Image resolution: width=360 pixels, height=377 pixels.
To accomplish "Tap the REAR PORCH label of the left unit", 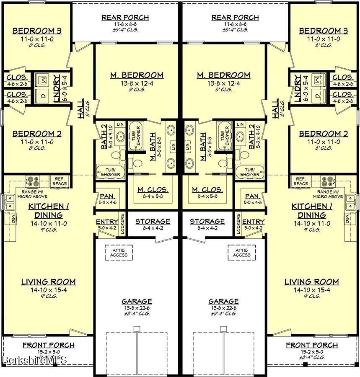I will [125, 18].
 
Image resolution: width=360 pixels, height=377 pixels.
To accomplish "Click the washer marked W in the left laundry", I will [44, 79].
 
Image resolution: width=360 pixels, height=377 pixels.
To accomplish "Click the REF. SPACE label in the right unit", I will [301, 181].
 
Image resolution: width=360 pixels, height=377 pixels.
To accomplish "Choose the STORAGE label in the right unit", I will [207, 221].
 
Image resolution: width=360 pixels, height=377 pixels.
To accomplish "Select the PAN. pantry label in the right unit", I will [252, 196].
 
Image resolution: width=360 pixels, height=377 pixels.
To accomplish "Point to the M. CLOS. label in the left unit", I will [153, 190].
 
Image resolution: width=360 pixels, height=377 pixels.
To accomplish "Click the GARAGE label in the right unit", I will [224, 301].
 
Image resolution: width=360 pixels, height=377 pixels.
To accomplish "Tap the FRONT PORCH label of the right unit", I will [312, 345].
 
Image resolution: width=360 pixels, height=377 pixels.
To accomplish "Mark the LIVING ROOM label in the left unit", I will [49, 282].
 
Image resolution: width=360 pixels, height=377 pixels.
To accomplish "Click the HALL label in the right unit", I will [275, 108].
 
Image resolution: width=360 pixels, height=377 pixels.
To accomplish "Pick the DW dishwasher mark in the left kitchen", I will [13, 218].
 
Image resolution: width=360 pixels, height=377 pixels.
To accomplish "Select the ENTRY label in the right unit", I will [253, 222].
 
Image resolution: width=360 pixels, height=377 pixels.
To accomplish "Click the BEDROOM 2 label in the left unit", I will [37, 134].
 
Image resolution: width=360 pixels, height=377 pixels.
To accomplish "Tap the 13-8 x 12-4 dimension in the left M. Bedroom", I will [137, 83].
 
